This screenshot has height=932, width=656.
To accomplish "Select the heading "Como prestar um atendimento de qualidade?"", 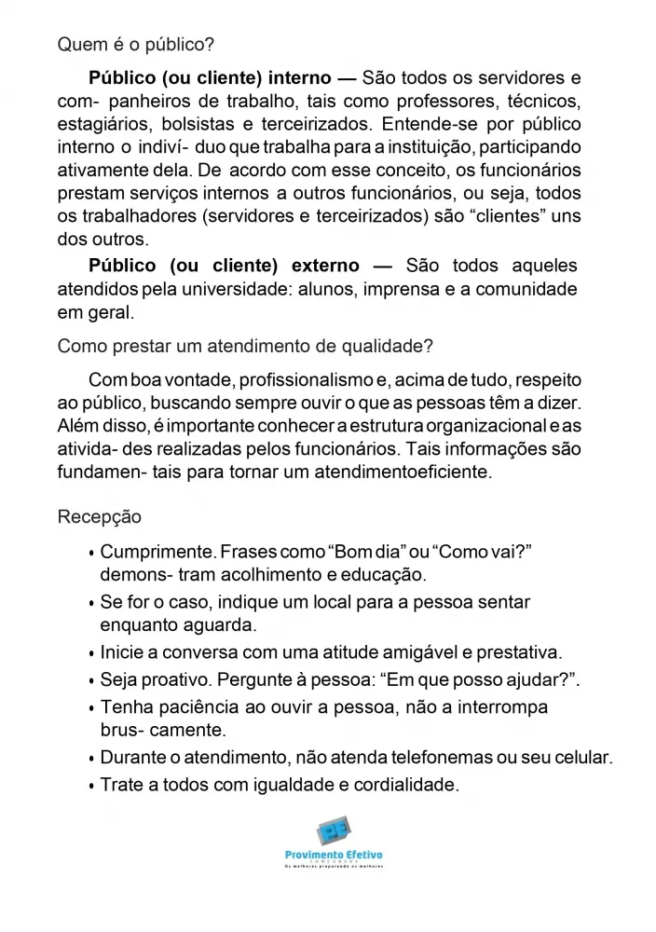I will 245,346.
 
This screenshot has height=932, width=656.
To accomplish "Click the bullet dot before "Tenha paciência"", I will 90,709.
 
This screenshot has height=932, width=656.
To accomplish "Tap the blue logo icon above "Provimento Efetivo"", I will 333,829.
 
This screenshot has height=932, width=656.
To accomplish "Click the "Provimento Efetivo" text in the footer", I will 334,855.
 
